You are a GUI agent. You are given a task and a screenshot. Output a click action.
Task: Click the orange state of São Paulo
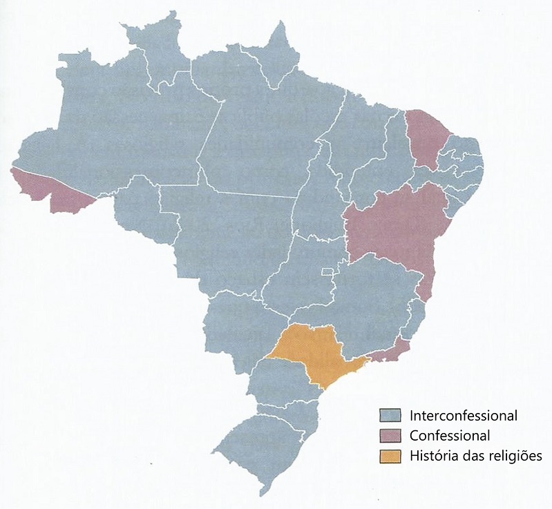[314, 352]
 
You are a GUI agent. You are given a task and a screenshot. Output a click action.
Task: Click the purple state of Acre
[52, 190]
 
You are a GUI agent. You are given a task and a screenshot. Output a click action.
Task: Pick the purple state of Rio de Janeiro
[390, 352]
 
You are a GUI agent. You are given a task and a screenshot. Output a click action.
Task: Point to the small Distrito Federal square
[329, 271]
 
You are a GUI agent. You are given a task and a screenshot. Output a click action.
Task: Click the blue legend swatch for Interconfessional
[390, 416]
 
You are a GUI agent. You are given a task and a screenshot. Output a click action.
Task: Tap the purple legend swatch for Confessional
[390, 436]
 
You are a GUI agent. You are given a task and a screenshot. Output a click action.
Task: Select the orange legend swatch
[390, 456]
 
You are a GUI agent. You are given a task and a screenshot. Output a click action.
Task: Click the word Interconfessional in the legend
[463, 416]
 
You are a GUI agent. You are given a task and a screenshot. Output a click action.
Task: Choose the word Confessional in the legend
[450, 436]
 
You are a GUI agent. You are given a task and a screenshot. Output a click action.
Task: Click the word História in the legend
[431, 456]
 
